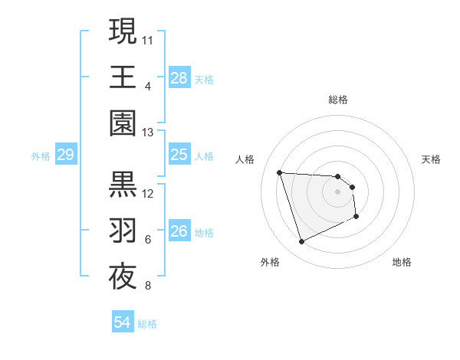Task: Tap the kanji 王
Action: coord(123,77)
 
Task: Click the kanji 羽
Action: coord(123,231)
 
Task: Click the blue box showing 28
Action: coord(179,78)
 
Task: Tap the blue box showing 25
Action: coord(179,155)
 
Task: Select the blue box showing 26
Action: coord(179,232)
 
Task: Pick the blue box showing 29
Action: coord(65,155)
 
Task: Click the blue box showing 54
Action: coord(122,322)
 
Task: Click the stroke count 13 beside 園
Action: coord(148,133)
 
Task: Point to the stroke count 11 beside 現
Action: coord(148,38)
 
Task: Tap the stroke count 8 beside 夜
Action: coord(148,286)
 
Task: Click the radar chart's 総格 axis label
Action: coord(338,100)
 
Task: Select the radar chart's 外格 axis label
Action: coord(270,262)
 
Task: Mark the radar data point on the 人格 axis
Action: coord(280,172)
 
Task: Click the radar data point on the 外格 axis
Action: coord(301,242)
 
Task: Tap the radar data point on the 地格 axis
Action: coord(356,217)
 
